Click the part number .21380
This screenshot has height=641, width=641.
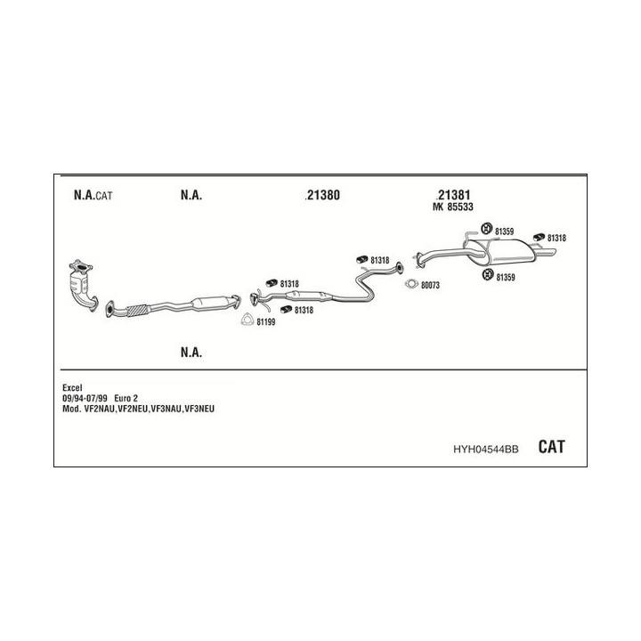322,195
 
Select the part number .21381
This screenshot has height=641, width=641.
453,195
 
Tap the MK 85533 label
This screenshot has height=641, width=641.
453,207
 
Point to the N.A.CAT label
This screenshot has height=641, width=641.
93,195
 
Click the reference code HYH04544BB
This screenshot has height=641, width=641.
486,450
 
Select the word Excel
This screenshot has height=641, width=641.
72,387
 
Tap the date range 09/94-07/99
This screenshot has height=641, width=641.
85,398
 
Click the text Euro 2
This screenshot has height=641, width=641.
126,398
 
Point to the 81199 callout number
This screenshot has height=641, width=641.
265,322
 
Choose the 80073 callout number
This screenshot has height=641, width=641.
430,286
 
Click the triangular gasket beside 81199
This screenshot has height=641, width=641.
247,320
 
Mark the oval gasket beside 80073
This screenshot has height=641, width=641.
411,284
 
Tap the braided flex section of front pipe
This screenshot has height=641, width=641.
137,311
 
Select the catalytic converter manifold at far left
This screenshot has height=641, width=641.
84,285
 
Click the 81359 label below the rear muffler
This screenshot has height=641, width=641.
506,278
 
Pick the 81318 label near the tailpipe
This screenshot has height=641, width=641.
556,238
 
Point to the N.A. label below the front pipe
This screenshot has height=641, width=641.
191,352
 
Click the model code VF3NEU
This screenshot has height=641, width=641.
199,409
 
